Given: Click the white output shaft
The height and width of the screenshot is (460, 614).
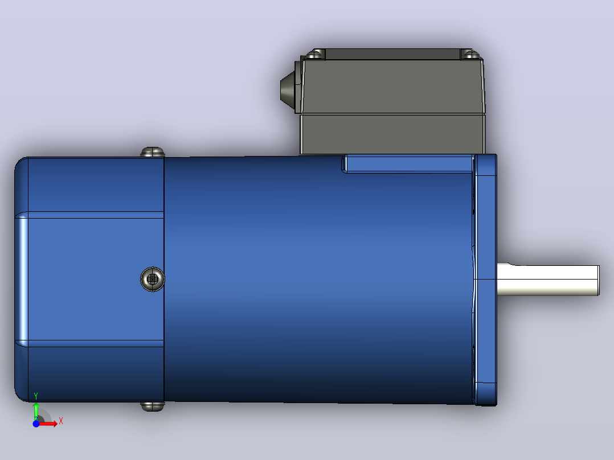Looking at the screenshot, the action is click(x=547, y=280).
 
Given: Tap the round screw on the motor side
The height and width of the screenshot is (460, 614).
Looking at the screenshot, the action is click(x=152, y=279).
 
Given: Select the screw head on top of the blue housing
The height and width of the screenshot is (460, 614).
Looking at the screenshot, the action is click(x=152, y=152).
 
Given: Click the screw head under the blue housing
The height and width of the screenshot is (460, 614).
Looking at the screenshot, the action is click(x=152, y=406).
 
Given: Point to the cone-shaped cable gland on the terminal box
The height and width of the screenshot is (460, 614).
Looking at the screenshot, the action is click(x=290, y=87).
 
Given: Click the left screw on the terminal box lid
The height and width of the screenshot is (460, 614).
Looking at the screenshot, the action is click(x=315, y=54).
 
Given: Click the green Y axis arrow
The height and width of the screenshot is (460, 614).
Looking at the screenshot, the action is click(x=36, y=410).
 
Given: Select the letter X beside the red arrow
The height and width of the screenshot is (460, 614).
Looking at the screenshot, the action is click(x=61, y=421).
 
